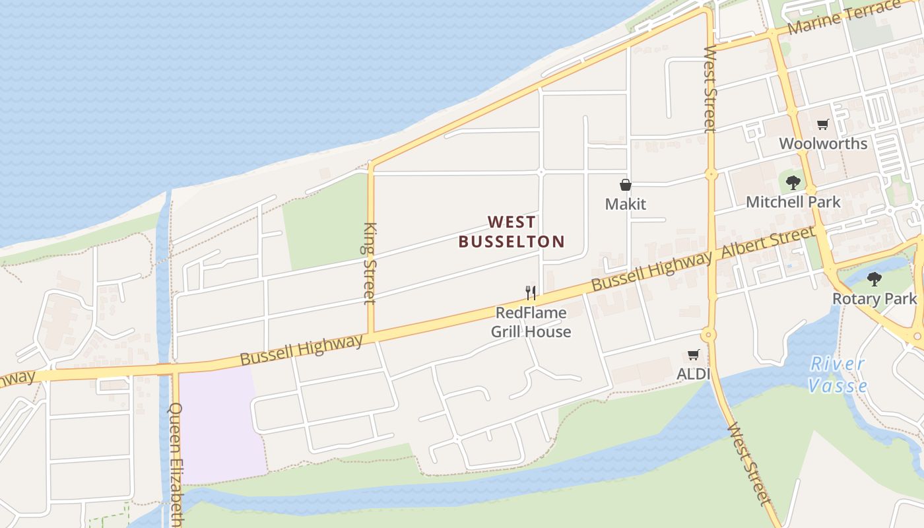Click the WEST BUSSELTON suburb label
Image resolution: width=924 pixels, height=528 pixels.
point(511,232)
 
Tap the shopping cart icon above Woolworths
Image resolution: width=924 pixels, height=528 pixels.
point(822,124)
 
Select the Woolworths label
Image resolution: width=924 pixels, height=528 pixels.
point(822,143)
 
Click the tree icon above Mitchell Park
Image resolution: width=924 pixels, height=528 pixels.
point(793,183)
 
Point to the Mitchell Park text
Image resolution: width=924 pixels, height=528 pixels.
point(793,202)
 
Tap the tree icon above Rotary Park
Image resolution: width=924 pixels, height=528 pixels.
point(874,279)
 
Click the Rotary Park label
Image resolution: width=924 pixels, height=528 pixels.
point(874,298)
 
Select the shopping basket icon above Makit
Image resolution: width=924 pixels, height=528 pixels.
point(625,185)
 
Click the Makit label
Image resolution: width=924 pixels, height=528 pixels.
point(625,204)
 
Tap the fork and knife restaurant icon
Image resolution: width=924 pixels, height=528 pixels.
point(531,293)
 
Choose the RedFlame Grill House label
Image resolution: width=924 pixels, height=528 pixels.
point(531,322)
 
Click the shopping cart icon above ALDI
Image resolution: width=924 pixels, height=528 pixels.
point(693,355)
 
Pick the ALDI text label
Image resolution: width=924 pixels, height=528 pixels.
point(693,374)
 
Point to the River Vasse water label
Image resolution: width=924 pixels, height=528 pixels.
point(837,374)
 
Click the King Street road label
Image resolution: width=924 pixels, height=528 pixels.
point(370,263)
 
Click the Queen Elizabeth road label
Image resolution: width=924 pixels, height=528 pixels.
point(176,462)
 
